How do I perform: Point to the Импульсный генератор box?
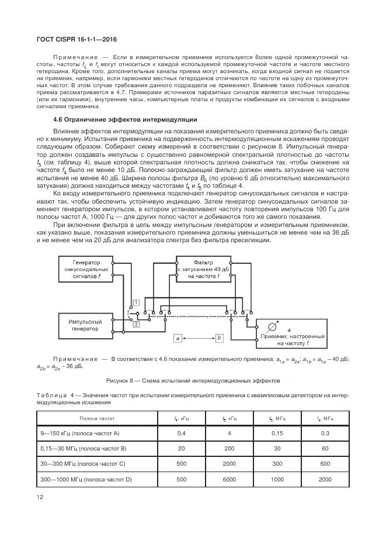(86, 325)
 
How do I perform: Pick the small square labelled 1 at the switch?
(135, 302)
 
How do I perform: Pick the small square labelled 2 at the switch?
(135, 324)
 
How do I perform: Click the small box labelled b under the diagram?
(219, 338)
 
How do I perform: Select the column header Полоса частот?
(98, 419)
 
